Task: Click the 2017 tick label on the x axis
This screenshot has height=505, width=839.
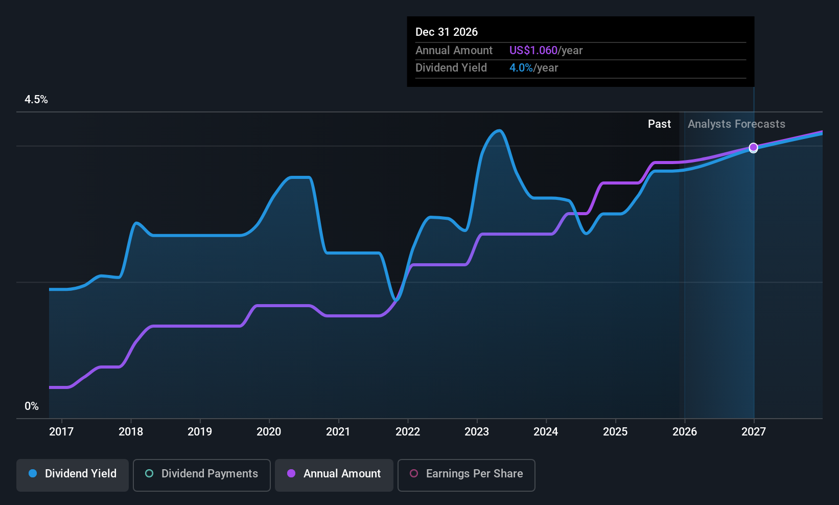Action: coord(61,432)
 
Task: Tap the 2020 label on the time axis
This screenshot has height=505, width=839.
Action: coord(269,432)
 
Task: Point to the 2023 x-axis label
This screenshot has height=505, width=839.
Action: coord(477,432)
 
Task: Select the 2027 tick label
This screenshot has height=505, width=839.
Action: coord(754,432)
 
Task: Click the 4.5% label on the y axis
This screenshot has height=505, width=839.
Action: coord(36,100)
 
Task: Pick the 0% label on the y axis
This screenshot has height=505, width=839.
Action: coord(32,406)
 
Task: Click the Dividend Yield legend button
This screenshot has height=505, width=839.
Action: coord(73,474)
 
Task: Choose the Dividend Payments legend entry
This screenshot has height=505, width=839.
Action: coord(202,474)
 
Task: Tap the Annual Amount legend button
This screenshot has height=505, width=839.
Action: coord(334,474)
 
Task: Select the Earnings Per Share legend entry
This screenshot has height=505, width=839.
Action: coord(467,474)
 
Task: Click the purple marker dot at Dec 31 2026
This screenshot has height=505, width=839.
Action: coord(754,147)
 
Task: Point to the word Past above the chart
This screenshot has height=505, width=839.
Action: coord(659,124)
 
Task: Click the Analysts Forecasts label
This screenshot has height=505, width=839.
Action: coord(736,124)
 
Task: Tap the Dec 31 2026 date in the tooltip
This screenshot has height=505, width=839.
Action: coord(447,32)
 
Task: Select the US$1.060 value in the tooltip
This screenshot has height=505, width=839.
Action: coord(533,51)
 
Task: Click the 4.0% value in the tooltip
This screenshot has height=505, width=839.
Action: coord(521,68)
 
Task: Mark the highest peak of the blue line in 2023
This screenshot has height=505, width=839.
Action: coord(499,131)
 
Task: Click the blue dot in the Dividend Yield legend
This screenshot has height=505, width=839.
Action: coord(33,474)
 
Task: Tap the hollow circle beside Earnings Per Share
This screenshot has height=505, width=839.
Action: coord(414,474)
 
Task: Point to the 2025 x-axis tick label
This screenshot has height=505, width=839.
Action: coord(615,432)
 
